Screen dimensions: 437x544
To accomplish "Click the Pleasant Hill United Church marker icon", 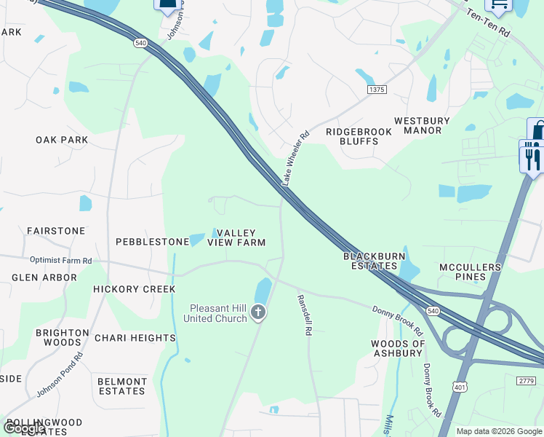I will click(x=257, y=313).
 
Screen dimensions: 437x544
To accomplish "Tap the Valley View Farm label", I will click(x=236, y=237).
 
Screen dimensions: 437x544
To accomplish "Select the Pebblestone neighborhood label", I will click(x=153, y=241).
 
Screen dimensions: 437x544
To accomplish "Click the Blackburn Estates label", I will click(x=372, y=261).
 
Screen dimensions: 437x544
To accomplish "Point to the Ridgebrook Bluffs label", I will click(x=359, y=136).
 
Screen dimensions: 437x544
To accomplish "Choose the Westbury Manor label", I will click(x=423, y=125).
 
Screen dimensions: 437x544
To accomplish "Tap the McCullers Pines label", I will click(x=471, y=272).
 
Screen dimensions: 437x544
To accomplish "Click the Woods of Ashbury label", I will click(x=397, y=348).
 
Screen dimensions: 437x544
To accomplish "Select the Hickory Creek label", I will click(x=135, y=289).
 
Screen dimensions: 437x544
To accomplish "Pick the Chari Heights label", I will click(x=135, y=338).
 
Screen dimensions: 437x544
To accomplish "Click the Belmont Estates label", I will click(x=122, y=386).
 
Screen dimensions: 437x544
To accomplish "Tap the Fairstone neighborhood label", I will click(x=56, y=231).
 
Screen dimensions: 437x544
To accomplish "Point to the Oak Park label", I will click(x=62, y=140).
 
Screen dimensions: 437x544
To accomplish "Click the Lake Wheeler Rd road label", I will click(x=297, y=157).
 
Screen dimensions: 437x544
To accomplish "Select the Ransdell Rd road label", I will click(x=305, y=315).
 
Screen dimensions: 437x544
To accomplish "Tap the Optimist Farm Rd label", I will click(x=61, y=260).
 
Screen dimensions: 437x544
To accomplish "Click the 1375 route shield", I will click(x=377, y=89).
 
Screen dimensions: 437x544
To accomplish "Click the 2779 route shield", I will click(x=528, y=381).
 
